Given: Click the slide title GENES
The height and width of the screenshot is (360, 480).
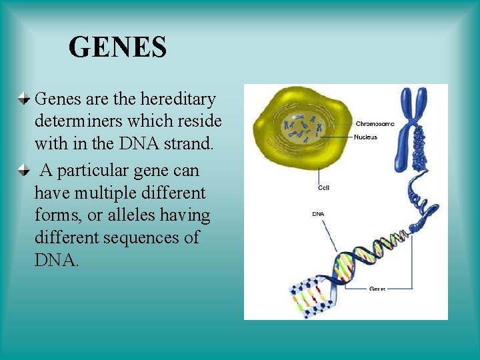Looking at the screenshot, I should coord(117,47).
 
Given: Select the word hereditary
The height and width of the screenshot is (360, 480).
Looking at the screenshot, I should coord(178,99).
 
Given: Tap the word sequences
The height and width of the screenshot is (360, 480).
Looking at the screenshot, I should coord(141,238).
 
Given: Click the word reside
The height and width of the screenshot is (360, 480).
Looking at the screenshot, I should coord(199,123).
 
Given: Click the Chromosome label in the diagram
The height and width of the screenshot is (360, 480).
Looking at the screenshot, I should coord(375,123).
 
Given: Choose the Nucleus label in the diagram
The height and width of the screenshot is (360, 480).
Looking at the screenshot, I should coord(366,137).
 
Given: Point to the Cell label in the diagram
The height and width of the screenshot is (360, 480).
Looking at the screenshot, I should coord(323,188).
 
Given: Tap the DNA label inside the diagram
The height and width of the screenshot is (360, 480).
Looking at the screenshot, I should coord(319,214).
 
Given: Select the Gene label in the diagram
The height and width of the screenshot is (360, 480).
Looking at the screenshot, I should coord(377,289).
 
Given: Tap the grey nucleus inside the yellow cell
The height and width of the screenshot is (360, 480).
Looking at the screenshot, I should coord(303,126).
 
